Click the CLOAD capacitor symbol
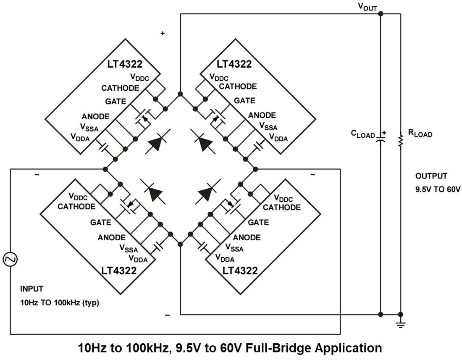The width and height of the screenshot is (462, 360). pos(381,138)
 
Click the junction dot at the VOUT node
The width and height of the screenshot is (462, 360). pos(381,14)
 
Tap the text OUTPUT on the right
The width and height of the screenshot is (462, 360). pos(431,176)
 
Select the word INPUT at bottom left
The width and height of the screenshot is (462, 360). pos(31,289)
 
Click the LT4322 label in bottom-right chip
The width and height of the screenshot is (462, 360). pos(238,271)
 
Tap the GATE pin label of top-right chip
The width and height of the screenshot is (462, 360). pos(244,101)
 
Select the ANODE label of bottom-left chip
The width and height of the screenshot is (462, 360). pos(112,238)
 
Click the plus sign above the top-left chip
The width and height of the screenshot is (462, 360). pos(163,34)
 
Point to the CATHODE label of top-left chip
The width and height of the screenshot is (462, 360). pos(120,88)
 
